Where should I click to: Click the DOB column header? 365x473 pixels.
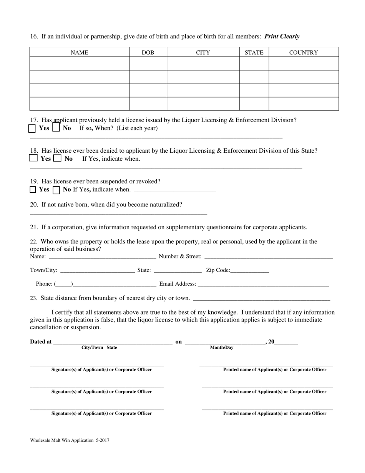(148, 53)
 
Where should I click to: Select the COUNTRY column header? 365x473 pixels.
(304, 53)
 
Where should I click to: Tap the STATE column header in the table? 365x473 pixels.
(254, 53)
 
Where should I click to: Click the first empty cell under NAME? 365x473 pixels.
(80, 63)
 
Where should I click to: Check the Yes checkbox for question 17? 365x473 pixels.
(32, 128)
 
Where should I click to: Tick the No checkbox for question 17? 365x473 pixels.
(56, 128)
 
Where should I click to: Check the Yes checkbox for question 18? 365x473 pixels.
(34, 158)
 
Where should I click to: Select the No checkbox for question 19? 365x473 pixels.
(56, 190)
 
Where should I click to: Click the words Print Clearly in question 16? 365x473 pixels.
(282, 37)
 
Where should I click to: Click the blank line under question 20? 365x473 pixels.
(118, 213)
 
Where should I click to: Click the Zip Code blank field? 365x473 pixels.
(250, 271)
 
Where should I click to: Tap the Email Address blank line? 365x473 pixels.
(263, 285)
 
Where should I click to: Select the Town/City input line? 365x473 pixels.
(98, 271)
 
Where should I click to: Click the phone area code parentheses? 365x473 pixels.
(63, 284)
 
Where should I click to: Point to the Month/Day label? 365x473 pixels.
(222, 348)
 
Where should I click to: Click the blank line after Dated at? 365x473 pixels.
(113, 342)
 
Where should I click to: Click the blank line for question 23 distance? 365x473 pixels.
(261, 298)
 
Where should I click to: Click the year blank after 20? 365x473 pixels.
(286, 342)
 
